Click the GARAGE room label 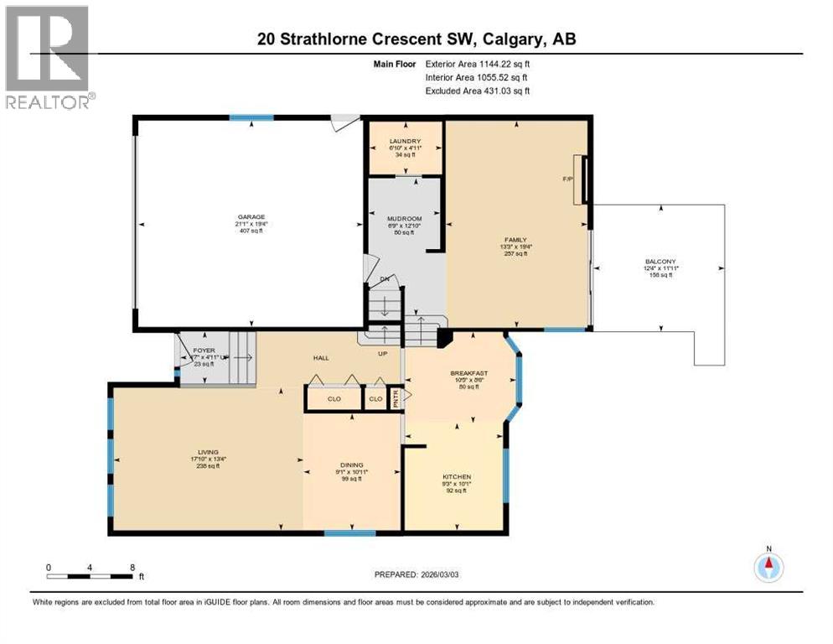(249, 216)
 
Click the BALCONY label (660, 262)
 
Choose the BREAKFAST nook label (468, 373)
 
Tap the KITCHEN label (457, 477)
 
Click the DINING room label (350, 465)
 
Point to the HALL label (320, 358)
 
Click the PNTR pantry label (397, 399)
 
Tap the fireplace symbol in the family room (581, 179)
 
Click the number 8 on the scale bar (132, 567)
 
